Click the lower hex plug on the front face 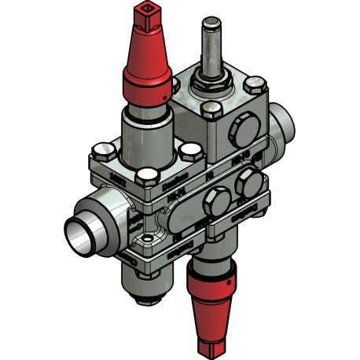[x=212, y=205]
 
